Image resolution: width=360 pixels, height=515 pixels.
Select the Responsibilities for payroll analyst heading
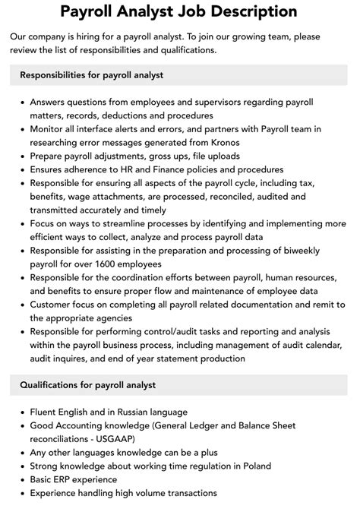(x=92, y=75)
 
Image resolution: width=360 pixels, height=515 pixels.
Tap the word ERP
(x=71, y=479)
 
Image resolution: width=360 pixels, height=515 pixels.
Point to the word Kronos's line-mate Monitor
(x=49, y=128)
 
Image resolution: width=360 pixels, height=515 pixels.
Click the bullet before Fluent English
(x=21, y=411)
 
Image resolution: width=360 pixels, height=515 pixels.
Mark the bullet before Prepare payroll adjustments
(x=21, y=156)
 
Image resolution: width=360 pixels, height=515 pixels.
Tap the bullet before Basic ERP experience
(x=21, y=479)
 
